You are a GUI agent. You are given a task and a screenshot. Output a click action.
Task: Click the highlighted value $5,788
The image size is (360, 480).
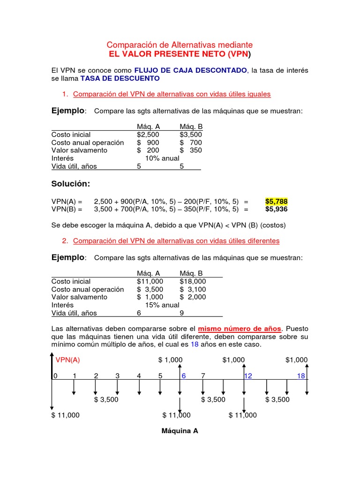tap(276, 201)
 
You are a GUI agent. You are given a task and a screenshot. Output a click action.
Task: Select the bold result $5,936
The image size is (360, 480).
tap(276, 209)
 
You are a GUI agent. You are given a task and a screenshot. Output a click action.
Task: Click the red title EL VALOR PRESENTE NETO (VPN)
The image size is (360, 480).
tap(180, 54)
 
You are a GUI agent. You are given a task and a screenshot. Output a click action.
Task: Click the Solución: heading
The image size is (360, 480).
tap(70, 183)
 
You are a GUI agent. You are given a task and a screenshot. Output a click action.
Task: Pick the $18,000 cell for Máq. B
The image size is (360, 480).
tap(193, 281)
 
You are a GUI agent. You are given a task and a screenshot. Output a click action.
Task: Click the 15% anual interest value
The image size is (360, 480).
tap(162, 305)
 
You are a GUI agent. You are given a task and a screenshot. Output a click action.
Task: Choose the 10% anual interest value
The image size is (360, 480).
tap(162, 158)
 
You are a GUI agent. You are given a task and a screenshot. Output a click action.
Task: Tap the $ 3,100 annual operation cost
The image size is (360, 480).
tap(193, 289)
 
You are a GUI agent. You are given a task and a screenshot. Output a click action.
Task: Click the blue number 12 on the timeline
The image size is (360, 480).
tap(248, 375)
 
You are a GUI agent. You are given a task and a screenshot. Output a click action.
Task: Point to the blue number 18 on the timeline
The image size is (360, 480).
tap(301, 375)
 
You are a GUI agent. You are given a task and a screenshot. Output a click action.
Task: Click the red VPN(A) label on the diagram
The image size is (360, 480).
tap(68, 360)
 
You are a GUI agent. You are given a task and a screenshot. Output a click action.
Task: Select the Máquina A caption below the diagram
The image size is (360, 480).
tap(180, 431)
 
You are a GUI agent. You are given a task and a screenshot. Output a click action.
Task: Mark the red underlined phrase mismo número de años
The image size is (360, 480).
tap(240, 328)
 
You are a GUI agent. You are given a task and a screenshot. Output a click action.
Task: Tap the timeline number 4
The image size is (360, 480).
tap(139, 375)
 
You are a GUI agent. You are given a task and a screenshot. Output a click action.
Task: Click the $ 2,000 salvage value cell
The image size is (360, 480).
tap(193, 297)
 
